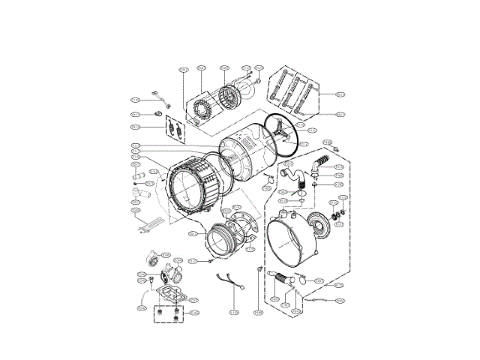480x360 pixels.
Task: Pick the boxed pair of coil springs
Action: tap(175, 128)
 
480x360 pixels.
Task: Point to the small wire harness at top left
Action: tap(159, 95)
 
